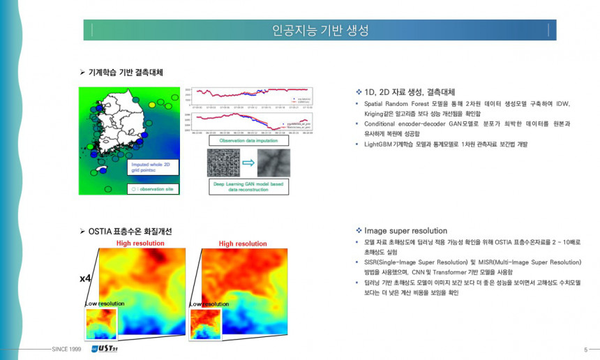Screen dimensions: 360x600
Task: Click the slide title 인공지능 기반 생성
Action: coord(320,31)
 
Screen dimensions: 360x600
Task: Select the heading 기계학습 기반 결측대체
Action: coord(126,72)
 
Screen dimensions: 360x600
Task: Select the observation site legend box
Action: coord(153,188)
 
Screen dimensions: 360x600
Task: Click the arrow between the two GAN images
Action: coord(248,163)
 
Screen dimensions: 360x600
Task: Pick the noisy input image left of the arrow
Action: coord(223,163)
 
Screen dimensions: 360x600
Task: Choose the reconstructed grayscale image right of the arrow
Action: coord(273,163)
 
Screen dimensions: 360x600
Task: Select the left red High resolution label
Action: coord(140,243)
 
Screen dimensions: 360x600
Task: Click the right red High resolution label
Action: coord(243,243)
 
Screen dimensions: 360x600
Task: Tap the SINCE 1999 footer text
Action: coord(66,349)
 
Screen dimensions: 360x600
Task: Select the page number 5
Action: coord(585,349)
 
